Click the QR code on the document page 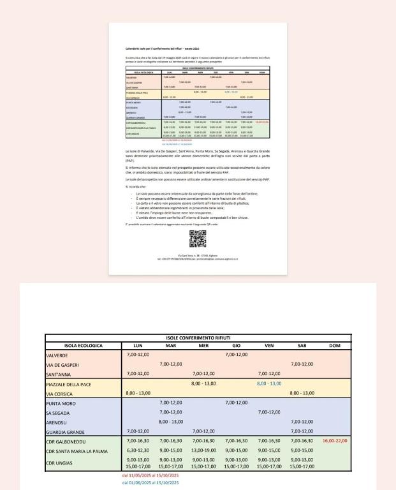pyautogui.click(x=198, y=239)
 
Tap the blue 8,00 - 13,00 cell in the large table pyautogui.click(x=269, y=383)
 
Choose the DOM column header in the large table pyautogui.click(x=334, y=345)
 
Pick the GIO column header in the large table pyautogui.click(x=236, y=345)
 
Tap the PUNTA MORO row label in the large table pyautogui.click(x=61, y=403)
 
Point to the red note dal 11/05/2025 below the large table pyautogui.click(x=150, y=475)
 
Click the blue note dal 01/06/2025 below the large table pyautogui.click(x=150, y=482)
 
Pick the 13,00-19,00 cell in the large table pyautogui.click(x=203, y=450)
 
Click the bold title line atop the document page pyautogui.click(x=163, y=48)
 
